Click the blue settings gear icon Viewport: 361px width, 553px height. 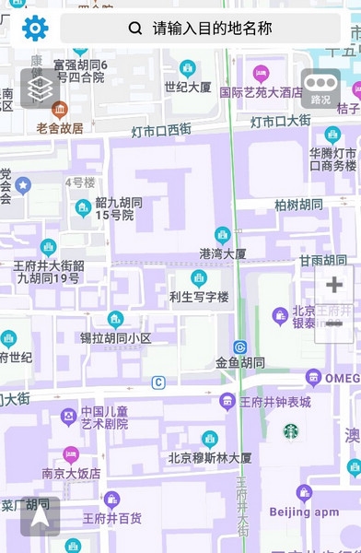coord(35,28)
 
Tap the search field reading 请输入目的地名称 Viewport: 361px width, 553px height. coord(200,29)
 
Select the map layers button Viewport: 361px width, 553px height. coord(40,88)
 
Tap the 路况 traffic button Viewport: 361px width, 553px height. coord(320,89)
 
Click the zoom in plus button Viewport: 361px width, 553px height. coord(334,285)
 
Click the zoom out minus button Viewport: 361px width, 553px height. coord(334,324)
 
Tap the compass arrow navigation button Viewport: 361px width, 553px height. coord(40,517)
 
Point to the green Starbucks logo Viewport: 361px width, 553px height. coord(291,430)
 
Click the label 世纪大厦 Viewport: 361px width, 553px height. coord(188,87)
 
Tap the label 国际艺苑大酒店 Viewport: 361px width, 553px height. coord(261,92)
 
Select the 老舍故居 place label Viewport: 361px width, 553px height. coord(60,128)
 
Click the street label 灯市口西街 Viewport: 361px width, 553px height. coord(161,129)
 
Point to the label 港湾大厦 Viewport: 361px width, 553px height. coord(223,253)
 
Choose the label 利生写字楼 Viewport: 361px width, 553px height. coord(198,297)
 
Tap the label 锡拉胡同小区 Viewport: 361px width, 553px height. coord(115,337)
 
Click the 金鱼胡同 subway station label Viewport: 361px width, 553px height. coord(240,362)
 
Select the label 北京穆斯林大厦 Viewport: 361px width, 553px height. coord(210,457)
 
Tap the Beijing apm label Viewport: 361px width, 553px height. coord(304,511)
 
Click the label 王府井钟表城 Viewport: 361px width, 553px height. coord(274,402)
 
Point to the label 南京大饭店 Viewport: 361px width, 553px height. coord(71,473)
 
